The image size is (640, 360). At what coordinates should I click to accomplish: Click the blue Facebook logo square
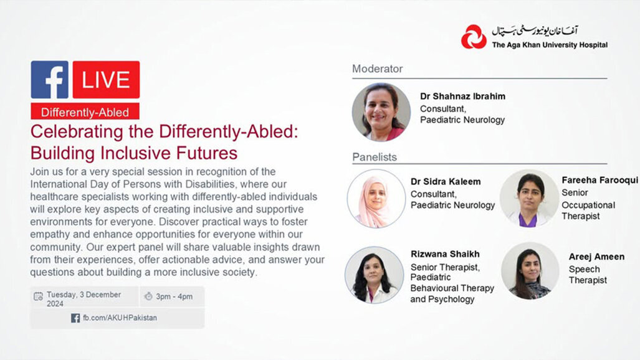(50, 80)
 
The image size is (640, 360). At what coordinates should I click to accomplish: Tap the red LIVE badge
(106, 80)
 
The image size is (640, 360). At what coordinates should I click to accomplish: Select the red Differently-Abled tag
(85, 112)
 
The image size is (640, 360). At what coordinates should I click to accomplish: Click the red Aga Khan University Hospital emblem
(474, 37)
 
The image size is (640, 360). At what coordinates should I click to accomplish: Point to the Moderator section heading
(378, 69)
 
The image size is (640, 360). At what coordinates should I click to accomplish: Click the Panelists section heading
(375, 157)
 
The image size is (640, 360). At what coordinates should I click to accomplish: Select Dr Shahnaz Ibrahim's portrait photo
(381, 113)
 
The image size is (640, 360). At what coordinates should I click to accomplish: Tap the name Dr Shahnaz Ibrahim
(462, 97)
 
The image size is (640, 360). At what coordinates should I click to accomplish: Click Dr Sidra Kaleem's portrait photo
(376, 199)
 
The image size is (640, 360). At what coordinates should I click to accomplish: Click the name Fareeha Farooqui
(599, 180)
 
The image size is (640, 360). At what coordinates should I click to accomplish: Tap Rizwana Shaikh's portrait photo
(374, 275)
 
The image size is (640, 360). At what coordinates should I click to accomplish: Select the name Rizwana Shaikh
(445, 254)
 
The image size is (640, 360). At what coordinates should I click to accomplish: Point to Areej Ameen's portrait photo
(530, 272)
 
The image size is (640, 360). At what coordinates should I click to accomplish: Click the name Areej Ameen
(596, 257)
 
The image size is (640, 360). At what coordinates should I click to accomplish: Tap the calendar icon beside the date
(39, 296)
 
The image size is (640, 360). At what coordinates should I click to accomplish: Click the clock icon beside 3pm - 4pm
(148, 296)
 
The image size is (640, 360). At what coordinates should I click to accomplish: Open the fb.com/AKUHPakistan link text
(120, 318)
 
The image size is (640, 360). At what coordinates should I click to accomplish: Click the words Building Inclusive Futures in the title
(134, 153)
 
